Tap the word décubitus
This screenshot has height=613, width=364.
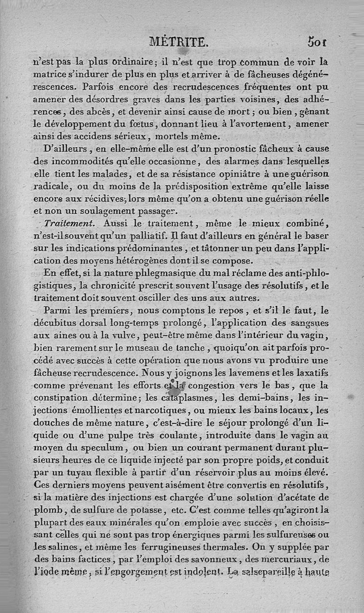coord(67,323)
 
